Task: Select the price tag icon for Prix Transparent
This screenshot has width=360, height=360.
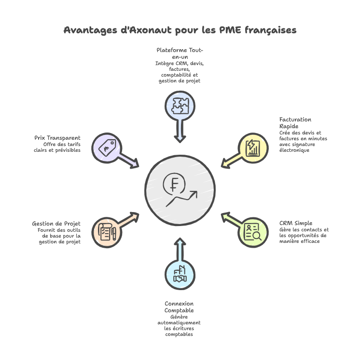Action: click(107, 147)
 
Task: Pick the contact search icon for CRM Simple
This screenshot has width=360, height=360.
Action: click(253, 232)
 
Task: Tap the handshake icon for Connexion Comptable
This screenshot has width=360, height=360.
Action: click(180, 275)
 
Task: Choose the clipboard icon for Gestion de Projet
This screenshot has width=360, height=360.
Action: click(107, 232)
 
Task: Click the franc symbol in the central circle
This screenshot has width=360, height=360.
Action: click(173, 183)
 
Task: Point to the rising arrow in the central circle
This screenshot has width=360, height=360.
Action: click(182, 198)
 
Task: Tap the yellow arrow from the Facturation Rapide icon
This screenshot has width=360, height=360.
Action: click(231, 160)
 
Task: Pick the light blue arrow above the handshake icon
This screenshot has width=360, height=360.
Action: click(180, 248)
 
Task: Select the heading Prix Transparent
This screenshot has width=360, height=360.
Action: click(57, 138)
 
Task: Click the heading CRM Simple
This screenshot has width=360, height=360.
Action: click(295, 223)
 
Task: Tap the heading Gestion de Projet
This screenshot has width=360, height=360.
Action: click(56, 224)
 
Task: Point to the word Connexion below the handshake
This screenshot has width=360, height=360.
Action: click(179, 304)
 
